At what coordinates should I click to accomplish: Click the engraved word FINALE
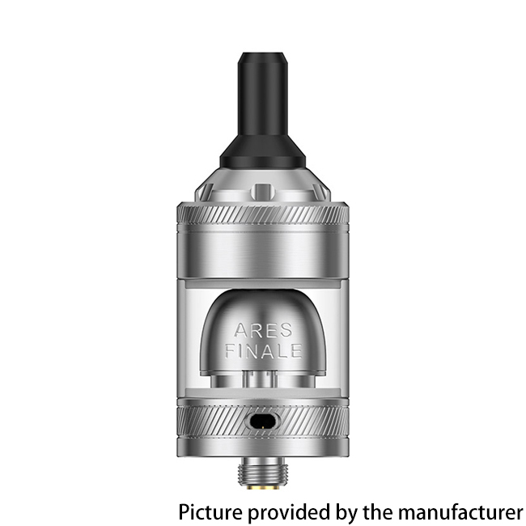tap(263, 351)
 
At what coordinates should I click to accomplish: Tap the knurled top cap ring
tap(262, 218)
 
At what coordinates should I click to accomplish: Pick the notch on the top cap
tap(262, 193)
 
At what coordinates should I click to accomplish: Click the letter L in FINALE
tap(278, 351)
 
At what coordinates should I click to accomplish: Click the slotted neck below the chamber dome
tap(262, 380)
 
